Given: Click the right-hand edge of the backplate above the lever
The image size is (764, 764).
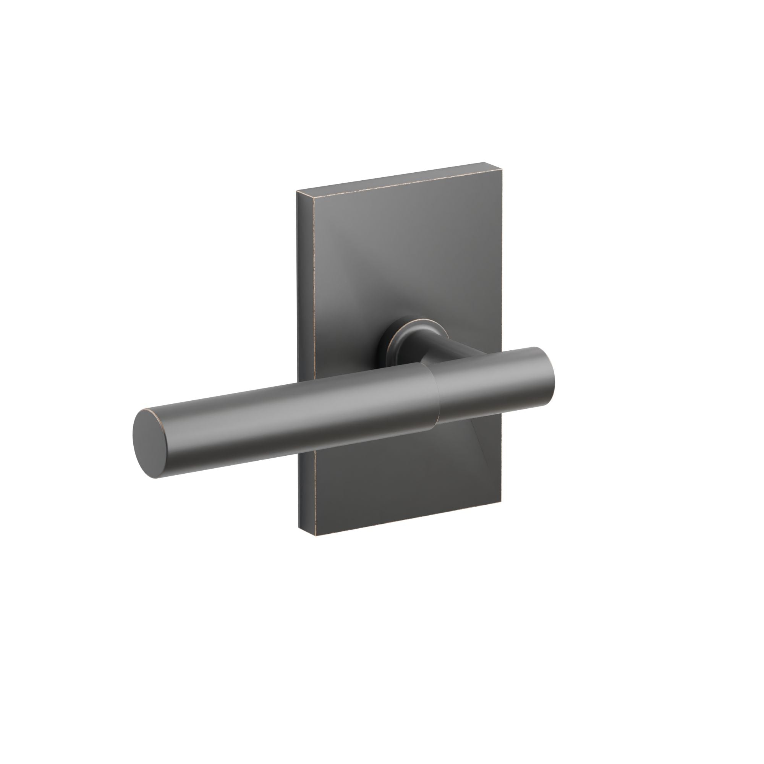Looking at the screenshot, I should pyautogui.click(x=501, y=257).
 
